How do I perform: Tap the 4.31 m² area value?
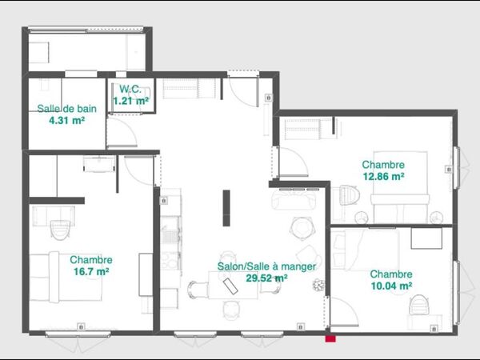pyautogui.click(x=66, y=121)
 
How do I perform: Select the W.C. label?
pyautogui.click(x=130, y=89)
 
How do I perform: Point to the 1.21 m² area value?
pyautogui.click(x=130, y=101)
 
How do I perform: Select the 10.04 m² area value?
pyautogui.click(x=390, y=285)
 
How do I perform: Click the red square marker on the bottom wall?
pyautogui.click(x=330, y=338)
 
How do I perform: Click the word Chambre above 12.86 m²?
pyautogui.click(x=382, y=164)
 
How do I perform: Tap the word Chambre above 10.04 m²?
pyautogui.click(x=390, y=273)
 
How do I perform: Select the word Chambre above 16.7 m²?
pyautogui.click(x=90, y=260)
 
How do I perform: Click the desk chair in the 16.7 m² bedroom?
pyautogui.click(x=59, y=230)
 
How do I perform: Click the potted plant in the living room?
pyautogui.click(x=319, y=284)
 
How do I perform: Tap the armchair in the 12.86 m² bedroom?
pyautogui.click(x=347, y=196)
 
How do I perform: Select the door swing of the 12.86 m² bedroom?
pyautogui.click(x=294, y=164)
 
